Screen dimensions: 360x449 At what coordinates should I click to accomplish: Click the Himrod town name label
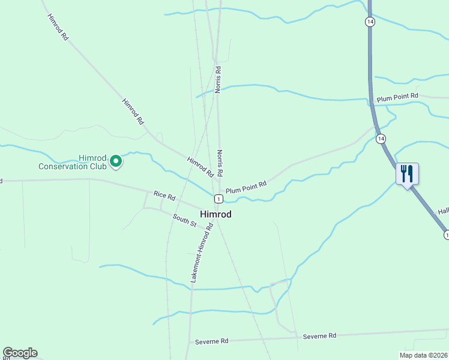coord(215,214)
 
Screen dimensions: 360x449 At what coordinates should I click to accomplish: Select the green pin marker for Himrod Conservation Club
coord(115,161)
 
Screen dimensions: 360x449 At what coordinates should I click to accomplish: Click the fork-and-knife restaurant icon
coord(407,174)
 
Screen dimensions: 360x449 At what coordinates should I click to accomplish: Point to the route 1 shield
coord(218,199)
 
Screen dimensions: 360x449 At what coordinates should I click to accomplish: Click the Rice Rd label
coord(164,195)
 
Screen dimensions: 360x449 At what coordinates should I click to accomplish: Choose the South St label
coord(184,220)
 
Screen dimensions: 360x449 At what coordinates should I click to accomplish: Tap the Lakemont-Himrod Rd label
coord(202,253)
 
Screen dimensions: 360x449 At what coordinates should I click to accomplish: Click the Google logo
coord(20,353)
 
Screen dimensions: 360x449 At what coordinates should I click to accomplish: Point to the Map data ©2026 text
coord(423,355)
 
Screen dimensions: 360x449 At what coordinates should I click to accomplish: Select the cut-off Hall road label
coord(443,211)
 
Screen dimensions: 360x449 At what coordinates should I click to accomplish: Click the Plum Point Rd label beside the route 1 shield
coord(246,188)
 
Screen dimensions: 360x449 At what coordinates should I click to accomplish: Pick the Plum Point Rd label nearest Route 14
coord(396,98)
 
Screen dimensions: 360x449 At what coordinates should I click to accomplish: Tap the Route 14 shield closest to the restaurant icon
coord(381,139)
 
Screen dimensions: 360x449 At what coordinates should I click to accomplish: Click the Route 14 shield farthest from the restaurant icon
coord(370,22)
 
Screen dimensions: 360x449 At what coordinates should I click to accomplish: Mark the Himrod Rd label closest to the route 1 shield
coord(200,166)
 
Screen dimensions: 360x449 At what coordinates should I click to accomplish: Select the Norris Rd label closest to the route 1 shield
coord(220,163)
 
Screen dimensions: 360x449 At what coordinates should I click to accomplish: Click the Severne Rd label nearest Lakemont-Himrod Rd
coord(212,341)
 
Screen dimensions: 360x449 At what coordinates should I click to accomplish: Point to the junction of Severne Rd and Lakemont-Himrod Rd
coord(189,343)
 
